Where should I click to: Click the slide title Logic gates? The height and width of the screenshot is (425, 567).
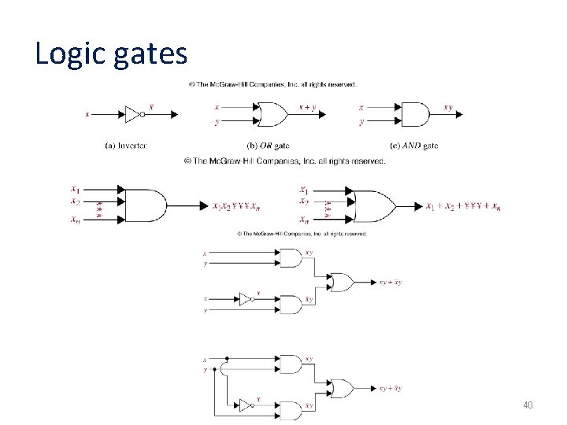click(x=111, y=54)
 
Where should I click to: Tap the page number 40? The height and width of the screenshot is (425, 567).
click(x=528, y=405)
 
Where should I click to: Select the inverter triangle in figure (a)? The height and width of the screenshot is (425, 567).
click(x=132, y=114)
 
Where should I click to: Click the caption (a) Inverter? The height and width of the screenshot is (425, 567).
click(x=126, y=145)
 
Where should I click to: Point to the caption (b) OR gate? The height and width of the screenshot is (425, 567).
click(x=268, y=145)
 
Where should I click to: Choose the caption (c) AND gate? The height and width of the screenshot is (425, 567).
click(x=414, y=145)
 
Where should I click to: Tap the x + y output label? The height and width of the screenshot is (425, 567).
click(x=307, y=107)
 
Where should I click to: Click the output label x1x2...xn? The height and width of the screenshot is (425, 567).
click(x=236, y=207)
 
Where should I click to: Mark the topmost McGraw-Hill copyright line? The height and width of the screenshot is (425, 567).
click(x=272, y=84)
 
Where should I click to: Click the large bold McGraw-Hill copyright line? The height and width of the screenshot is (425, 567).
click(x=284, y=161)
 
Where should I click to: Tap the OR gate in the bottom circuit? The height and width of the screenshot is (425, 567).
click(x=342, y=388)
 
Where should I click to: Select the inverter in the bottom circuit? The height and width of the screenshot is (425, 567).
click(x=245, y=405)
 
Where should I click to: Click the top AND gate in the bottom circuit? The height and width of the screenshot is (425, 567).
click(x=291, y=364)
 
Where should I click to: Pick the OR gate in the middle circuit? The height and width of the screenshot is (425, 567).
click(x=342, y=281)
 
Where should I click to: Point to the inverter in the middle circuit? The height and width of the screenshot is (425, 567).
click(x=245, y=299)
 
